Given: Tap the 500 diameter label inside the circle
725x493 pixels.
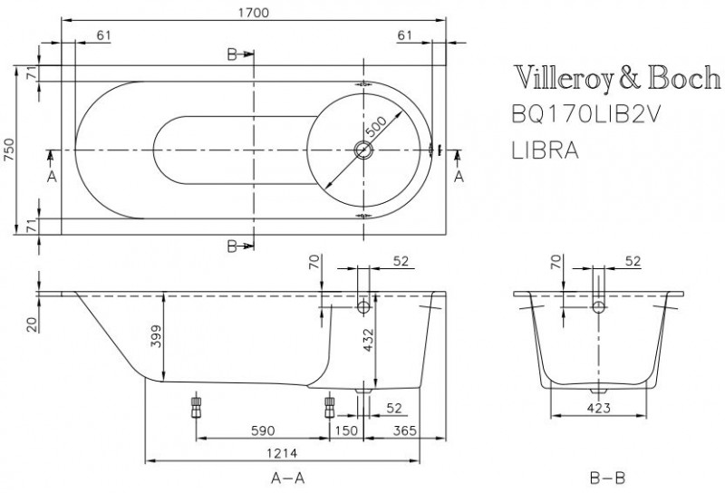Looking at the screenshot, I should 375,122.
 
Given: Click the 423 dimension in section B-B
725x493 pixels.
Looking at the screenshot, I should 597,408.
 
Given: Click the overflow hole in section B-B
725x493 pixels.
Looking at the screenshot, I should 597,308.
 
